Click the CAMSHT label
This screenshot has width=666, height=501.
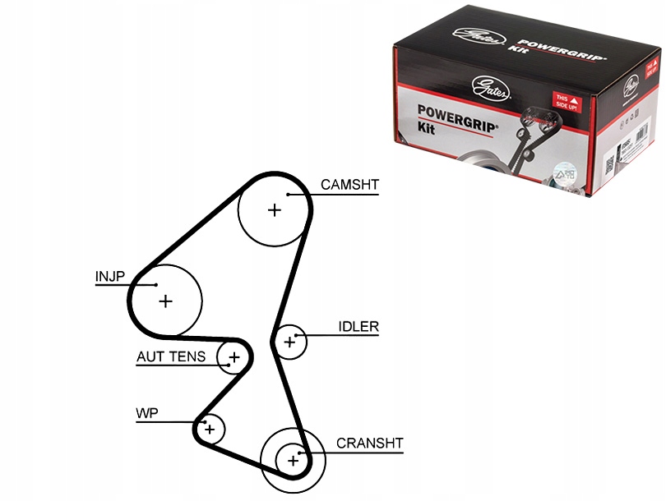pos(349,185)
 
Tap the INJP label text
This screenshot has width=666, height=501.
pos(109,277)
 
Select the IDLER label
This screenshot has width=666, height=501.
pos(358,326)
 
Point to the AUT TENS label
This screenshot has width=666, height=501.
pos(171,357)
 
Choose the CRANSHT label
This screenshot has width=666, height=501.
pos(369,444)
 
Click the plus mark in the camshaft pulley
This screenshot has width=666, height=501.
pos(274,210)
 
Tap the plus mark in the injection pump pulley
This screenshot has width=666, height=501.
pos(166,301)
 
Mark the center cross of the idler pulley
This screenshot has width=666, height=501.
pos(289,341)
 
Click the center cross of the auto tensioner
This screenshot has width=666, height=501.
pos(234,357)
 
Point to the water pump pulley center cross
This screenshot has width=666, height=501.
pos(210,429)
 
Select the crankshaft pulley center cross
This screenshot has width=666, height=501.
pos(293,460)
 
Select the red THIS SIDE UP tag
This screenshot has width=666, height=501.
pos(564,102)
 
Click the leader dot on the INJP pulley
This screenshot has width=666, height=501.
pos(155,285)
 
